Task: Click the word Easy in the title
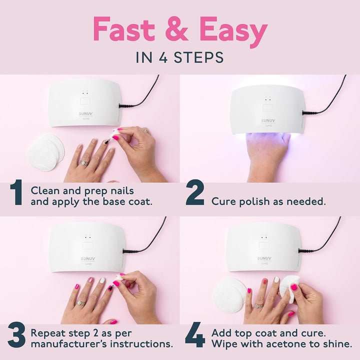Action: click(233, 30)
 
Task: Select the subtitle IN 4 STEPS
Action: click(179, 57)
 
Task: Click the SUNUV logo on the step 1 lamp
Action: click(86, 114)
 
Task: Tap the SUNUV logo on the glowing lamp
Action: click(267, 120)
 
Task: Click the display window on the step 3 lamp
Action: click(87, 246)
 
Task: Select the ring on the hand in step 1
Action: click(84, 163)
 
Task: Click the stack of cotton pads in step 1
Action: click(45, 150)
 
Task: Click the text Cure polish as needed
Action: click(268, 201)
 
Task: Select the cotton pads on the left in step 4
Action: click(229, 295)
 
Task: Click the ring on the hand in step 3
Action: click(80, 303)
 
